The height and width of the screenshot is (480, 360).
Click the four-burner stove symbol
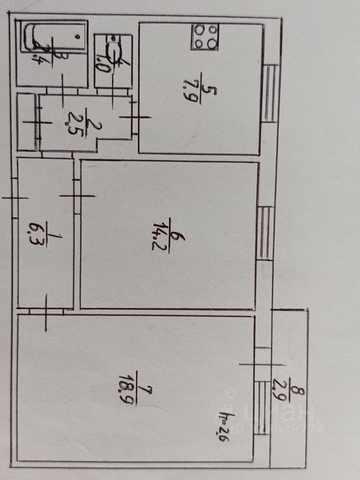pyautogui.click(x=204, y=36)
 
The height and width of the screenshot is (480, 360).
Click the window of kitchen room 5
pyautogui.click(x=270, y=93)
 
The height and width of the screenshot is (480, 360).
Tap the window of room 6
pyautogui.click(x=265, y=233)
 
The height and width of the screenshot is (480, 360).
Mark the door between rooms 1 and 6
pyautogui.click(x=77, y=196)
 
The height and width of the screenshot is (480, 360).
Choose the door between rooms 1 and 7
pyautogui.click(x=46, y=312)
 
